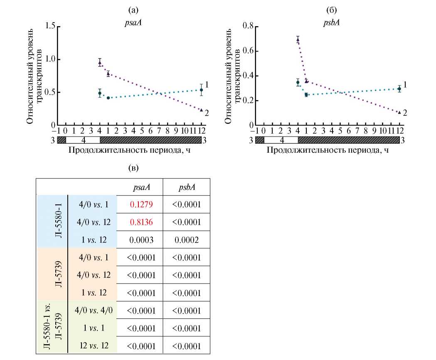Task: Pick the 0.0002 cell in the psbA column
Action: pyautogui.click(x=186, y=240)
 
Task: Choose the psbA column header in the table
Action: pyautogui.click(x=186, y=187)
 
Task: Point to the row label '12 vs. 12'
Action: pyautogui.click(x=94, y=346)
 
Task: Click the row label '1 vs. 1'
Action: pyautogui.click(x=94, y=328)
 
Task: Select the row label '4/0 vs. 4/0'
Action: pyautogui.click(x=94, y=310)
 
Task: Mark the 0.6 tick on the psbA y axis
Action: pyautogui.click(x=248, y=51)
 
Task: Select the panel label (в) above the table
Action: pyautogui.click(x=132, y=168)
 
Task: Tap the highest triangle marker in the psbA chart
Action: pyautogui.click(x=298, y=40)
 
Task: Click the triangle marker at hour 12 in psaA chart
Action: pyautogui.click(x=201, y=110)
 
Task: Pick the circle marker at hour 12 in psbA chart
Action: pyautogui.click(x=399, y=89)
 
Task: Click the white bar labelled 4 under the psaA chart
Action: pyautogui.click(x=83, y=140)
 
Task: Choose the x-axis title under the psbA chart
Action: pyautogui.click(x=328, y=150)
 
